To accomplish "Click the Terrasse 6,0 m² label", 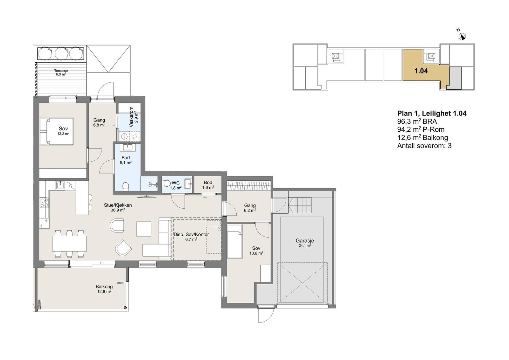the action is click(61, 73).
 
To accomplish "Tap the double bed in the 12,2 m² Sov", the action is click(56, 131).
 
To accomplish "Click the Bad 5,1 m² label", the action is click(126, 160).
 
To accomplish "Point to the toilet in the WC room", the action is click(167, 183).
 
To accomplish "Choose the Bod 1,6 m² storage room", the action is click(208, 185).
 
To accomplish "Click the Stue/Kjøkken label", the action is click(118, 205).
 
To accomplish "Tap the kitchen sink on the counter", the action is click(60, 185).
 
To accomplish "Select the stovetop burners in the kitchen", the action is click(44, 203).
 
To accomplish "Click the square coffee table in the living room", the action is click(143, 229).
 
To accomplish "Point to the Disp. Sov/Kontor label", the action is click(191, 234).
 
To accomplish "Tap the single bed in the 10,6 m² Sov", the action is click(234, 241).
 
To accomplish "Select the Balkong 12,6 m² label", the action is click(104, 289).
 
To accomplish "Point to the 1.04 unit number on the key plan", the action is click(421, 71).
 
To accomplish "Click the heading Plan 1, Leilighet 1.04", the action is click(432, 113).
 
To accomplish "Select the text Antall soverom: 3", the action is click(424, 146).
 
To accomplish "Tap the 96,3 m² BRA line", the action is click(417, 121).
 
